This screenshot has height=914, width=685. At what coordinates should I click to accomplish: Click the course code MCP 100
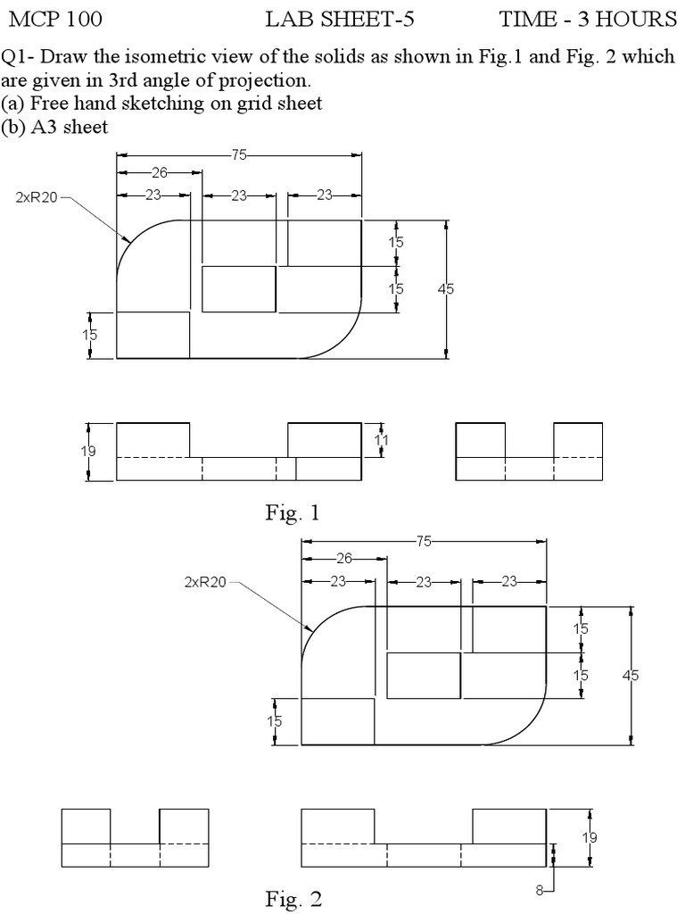click(x=54, y=19)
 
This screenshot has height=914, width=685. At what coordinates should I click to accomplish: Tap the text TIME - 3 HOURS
click(x=587, y=19)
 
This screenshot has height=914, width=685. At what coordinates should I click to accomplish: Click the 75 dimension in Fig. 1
click(x=239, y=154)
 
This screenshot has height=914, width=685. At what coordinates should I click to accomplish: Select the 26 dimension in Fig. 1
click(x=159, y=173)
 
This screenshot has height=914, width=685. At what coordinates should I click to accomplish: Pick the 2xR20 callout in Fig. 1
click(x=37, y=197)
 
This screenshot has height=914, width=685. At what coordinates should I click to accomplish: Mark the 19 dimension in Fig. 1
click(x=88, y=452)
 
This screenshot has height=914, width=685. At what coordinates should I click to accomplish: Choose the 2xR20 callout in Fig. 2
click(x=205, y=582)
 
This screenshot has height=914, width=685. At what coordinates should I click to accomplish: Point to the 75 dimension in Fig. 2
click(x=424, y=541)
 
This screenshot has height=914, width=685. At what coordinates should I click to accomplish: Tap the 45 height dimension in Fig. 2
click(x=631, y=676)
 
